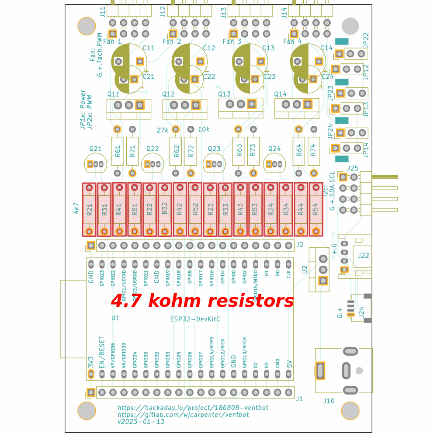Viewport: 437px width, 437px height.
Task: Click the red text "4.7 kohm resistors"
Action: point(202,301)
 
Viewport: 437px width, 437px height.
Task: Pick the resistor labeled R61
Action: point(117,151)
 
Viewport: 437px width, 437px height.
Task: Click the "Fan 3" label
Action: point(232,42)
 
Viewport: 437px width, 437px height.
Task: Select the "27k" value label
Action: point(162,130)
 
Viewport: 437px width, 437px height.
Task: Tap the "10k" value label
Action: point(204,129)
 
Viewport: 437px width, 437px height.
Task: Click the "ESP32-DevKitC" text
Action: point(195,319)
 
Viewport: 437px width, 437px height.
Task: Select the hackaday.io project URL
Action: point(193,407)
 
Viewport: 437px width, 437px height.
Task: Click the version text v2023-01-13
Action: point(141,422)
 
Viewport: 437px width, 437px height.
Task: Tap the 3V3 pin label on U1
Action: point(91,362)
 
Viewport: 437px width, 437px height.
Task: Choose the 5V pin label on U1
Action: point(289,364)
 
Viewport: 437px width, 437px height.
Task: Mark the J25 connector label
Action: point(353,168)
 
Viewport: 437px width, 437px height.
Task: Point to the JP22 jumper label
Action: point(366,40)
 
